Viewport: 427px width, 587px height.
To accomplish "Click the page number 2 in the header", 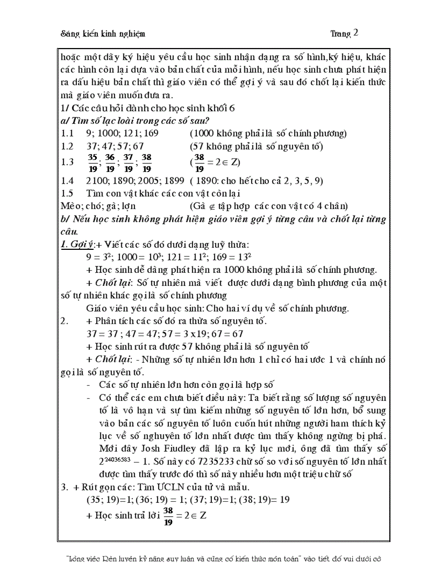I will tap(356, 32).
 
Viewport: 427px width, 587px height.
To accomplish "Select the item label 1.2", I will tap(67, 146).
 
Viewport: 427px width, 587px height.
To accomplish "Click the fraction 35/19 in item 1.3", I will tap(92, 162).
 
